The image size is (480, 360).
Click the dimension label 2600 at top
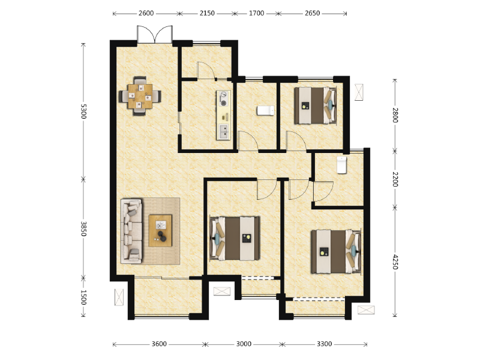[x=146, y=13]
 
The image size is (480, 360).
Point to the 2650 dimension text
[x=312, y=13]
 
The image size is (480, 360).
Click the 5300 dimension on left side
[x=83, y=112]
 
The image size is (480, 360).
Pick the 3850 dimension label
[x=83, y=229]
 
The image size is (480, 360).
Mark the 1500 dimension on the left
[x=83, y=297]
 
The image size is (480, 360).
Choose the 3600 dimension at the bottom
[x=159, y=344]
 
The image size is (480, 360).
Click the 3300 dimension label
[x=324, y=344]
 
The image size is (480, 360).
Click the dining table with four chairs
[x=140, y=95]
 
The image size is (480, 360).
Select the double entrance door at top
[x=155, y=35]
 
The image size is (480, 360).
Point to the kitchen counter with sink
[x=223, y=115]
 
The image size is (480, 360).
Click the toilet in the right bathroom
[x=342, y=164]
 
